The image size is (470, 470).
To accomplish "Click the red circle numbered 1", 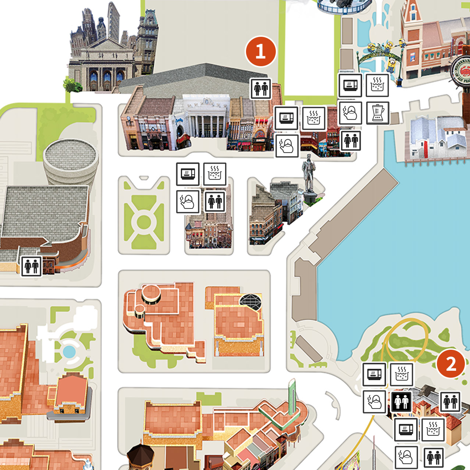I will click(261, 51).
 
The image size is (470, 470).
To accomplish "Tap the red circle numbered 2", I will click(451, 363).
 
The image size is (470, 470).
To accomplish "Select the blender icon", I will click(377, 113).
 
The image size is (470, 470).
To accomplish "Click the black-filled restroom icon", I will click(401, 401).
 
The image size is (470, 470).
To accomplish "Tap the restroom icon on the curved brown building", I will click(31, 266).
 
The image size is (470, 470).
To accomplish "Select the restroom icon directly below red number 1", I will click(261, 89).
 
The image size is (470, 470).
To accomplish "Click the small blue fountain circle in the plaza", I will click(69, 352).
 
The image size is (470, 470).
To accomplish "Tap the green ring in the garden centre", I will click(144, 222).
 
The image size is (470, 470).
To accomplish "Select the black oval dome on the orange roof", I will click(251, 301).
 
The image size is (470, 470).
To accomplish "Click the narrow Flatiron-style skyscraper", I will click(113, 22).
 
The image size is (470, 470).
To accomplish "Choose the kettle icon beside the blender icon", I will click(350, 113).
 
